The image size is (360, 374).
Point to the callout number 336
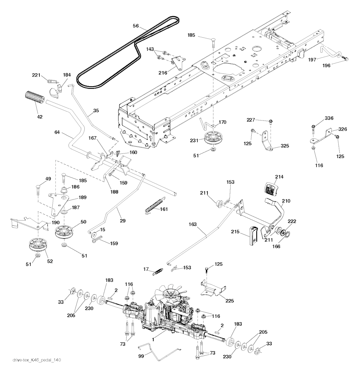pos(329,118)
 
